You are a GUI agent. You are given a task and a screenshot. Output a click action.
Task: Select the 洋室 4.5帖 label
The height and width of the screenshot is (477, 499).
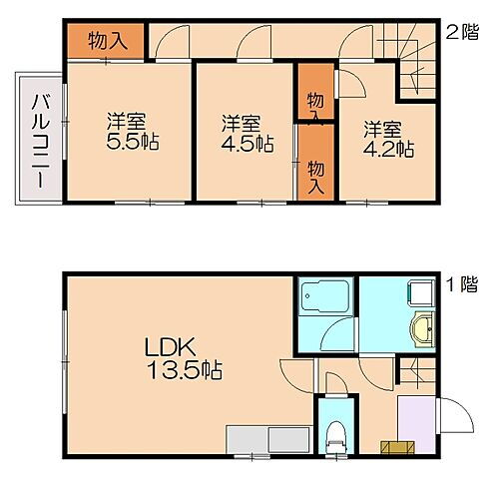click(243, 133)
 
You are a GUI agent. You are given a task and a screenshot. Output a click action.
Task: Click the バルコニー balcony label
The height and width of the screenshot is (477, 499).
click(37, 139)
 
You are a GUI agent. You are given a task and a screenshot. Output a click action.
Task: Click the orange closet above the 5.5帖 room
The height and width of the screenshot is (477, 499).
click(106, 41)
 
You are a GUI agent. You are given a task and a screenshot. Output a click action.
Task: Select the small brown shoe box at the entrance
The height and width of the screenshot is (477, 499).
click(394, 445)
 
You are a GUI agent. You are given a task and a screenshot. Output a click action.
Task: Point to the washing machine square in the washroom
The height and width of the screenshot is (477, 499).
click(419, 290)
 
